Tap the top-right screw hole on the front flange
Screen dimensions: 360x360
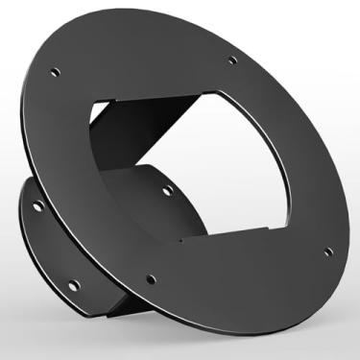pos(233,63)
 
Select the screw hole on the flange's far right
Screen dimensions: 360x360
pos(329,252)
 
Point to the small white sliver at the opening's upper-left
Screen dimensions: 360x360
pos(101,115)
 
